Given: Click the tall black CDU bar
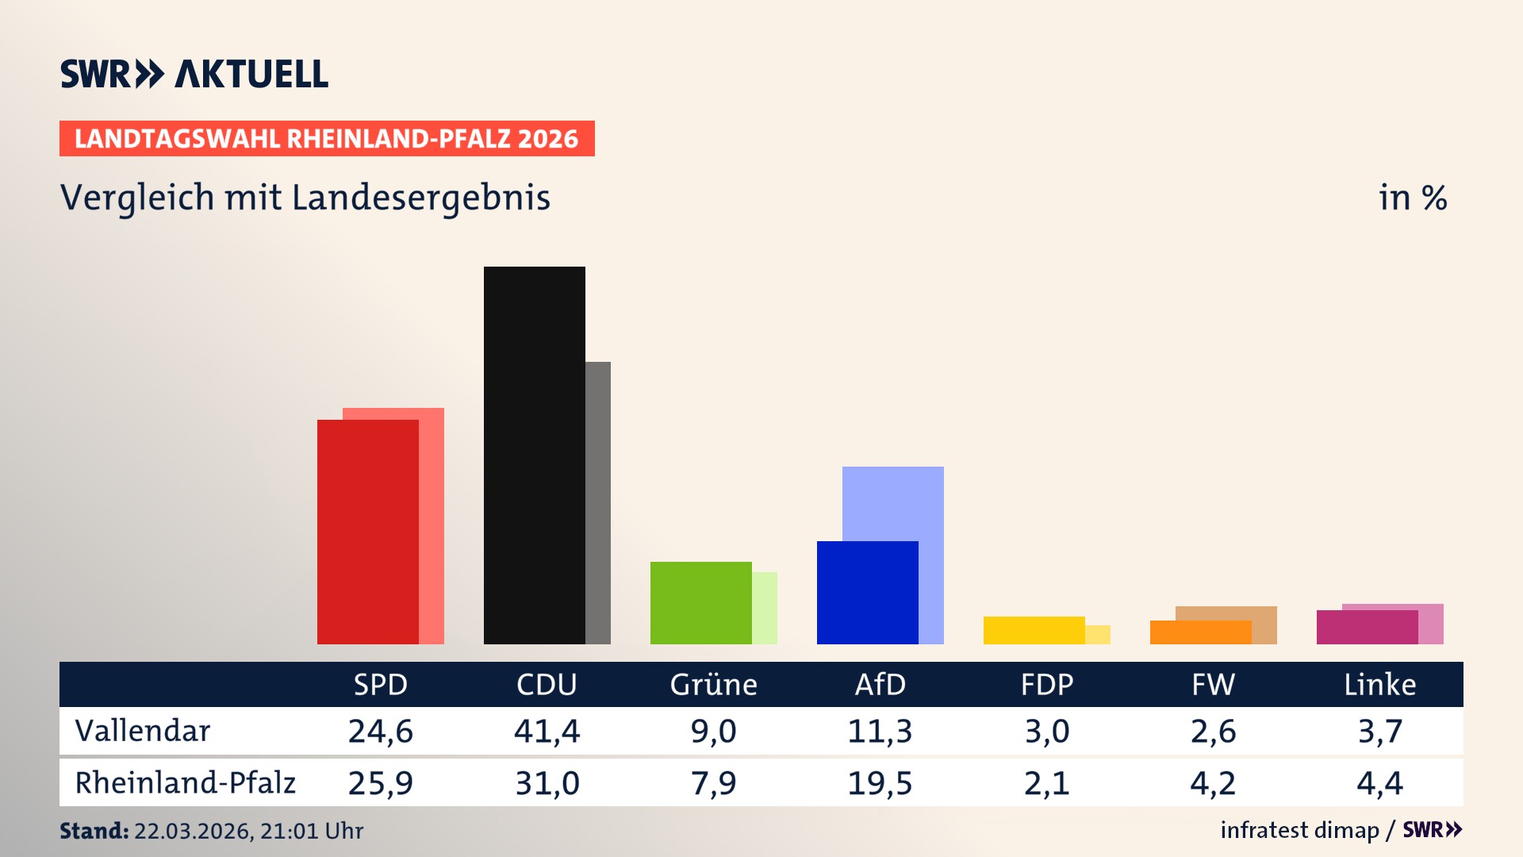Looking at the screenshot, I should pos(534,455).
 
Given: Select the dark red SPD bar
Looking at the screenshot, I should pos(367,532).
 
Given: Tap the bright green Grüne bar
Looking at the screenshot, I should pos(700,602).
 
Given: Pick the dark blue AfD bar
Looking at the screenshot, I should pos(867,592).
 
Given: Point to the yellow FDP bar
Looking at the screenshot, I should pos(1034,630).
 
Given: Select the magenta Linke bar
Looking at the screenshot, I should pos(1367,627).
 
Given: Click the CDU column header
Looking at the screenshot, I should pos(547,684).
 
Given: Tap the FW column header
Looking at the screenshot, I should pos(1213,684).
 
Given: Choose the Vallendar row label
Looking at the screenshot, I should pos(143,731).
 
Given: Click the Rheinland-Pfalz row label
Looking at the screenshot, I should pos(185,783).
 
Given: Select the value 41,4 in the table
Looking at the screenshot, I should pos(547,731).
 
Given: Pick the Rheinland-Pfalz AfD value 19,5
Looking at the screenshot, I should pos(880,783).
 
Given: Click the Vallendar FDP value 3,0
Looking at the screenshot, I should pos(1046,731).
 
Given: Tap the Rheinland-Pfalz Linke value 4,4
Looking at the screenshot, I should pos(1379,783).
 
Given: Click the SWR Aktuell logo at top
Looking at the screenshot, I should pos(194,74).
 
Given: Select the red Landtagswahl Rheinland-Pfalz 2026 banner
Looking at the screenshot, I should pos(327,139).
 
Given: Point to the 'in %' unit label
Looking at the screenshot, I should pos(1412,198).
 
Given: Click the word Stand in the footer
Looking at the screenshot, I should pos(94,831).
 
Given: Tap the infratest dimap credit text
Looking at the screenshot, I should pos(1299,830).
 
